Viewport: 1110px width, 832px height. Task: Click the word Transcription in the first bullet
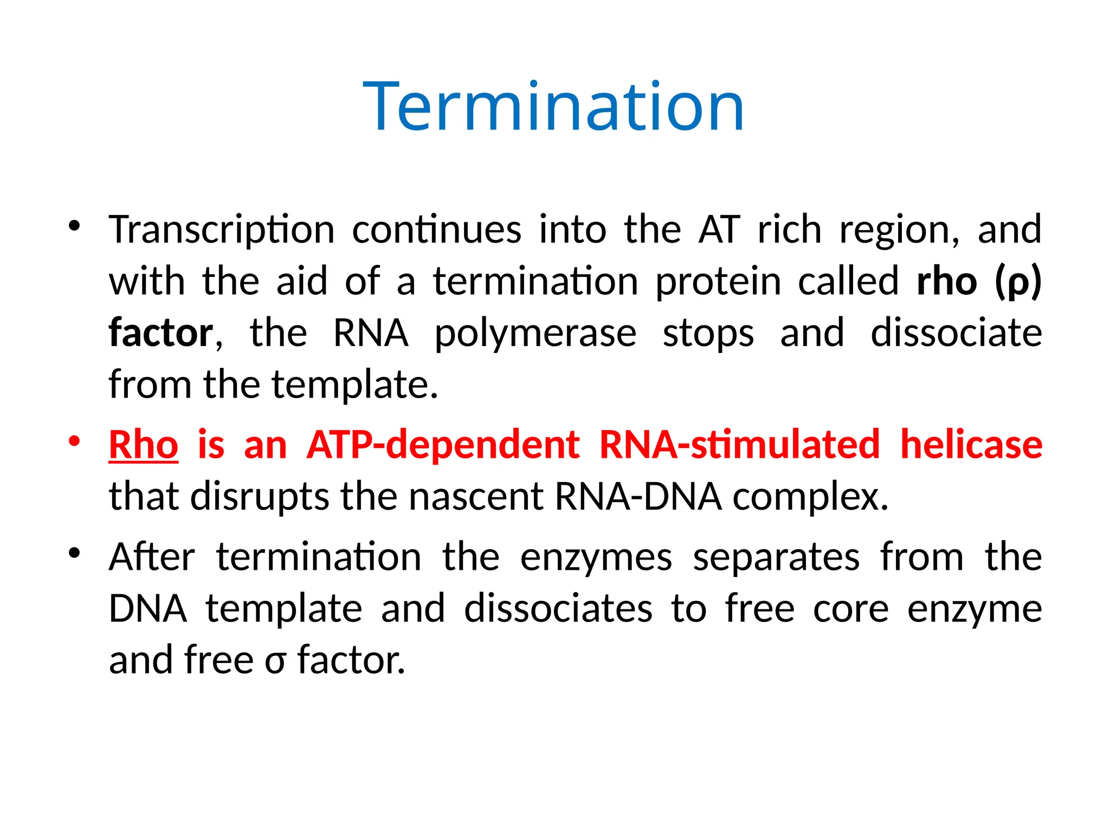[x=222, y=230]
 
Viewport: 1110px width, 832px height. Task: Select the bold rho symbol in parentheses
[x=1018, y=282]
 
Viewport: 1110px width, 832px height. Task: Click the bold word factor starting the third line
[x=161, y=333]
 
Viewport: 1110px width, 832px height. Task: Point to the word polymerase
[x=535, y=334]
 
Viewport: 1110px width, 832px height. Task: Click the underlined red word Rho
[x=144, y=445]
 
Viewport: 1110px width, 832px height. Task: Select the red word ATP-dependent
[x=443, y=445]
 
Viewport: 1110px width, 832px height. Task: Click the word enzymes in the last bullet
[x=596, y=558]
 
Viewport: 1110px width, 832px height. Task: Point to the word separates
[x=776, y=558]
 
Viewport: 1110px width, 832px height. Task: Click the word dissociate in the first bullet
[x=956, y=333]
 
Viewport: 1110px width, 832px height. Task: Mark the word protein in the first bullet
[x=718, y=282]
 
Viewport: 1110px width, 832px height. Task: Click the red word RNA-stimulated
[x=739, y=445]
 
